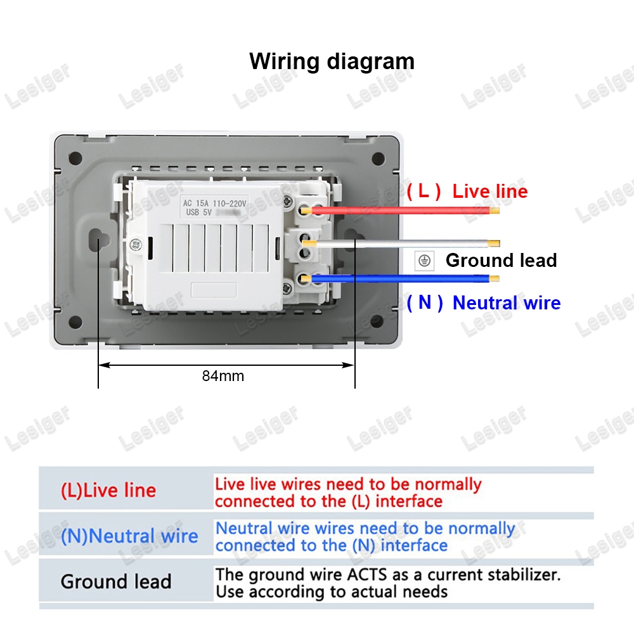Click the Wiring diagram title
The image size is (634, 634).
(332, 61)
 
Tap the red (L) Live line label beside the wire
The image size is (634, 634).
(467, 191)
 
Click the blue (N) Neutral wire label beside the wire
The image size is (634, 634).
(483, 302)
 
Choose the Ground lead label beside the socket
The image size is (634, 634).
(501, 260)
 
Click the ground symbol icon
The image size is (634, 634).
(424, 260)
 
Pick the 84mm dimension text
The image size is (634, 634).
(223, 375)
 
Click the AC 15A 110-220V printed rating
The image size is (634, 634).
(214, 203)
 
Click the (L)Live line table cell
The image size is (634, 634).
(108, 490)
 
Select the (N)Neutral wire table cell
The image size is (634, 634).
(129, 536)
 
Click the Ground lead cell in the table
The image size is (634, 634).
(116, 581)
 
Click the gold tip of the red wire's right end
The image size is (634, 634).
(495, 210)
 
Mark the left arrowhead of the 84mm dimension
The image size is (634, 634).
(103, 365)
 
